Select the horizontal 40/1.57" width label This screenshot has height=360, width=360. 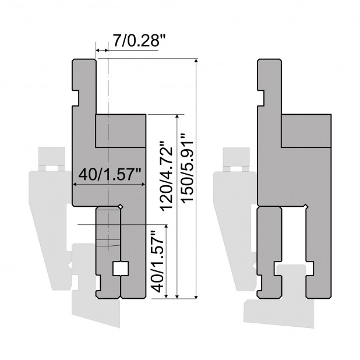point(110,174)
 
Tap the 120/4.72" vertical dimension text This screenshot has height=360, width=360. point(167,176)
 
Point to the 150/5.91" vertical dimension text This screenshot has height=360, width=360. point(188,168)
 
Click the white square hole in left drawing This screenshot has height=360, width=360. point(121,268)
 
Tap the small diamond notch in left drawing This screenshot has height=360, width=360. point(121,207)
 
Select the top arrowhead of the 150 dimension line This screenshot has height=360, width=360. point(196,61)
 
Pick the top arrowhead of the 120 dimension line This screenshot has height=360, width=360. point(177,117)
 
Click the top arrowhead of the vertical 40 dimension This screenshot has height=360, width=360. point(167,227)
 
